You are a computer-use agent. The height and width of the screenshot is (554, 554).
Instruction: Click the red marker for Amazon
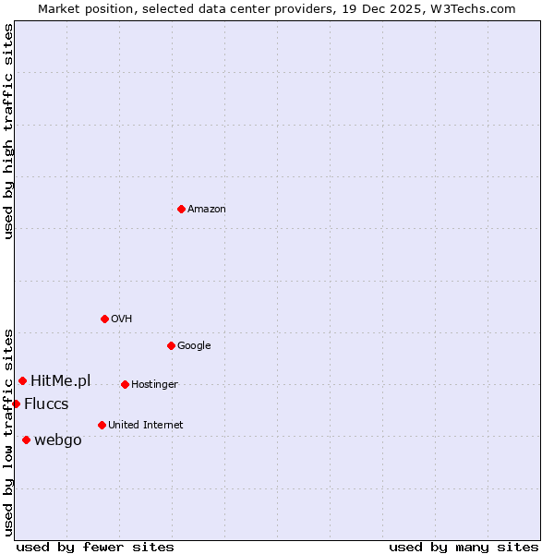181,209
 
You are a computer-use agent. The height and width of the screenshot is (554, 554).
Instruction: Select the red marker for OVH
104,319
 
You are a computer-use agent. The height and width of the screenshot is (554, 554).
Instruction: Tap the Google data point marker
171,345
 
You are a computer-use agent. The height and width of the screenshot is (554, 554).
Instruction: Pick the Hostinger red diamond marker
125,384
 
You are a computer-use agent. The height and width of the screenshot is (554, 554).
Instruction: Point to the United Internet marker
102,425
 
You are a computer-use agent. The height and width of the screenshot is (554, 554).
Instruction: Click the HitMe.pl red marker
22,380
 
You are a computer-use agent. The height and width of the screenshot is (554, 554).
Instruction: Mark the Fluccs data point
16,403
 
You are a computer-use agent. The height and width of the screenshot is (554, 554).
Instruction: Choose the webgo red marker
26,440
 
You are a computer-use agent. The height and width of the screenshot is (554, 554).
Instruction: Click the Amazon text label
207,210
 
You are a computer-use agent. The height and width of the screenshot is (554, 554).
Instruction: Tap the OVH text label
121,319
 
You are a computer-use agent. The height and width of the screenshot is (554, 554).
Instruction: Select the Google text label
194,346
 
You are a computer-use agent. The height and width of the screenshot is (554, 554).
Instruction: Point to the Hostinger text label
154,385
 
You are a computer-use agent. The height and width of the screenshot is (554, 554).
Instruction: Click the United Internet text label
145,426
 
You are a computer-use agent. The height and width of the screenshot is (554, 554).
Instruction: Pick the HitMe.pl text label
61,380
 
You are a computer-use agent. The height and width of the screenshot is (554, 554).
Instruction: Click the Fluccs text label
46,404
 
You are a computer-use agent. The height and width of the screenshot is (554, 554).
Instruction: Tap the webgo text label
58,440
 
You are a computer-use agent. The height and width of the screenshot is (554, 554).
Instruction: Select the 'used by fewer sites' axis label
95,547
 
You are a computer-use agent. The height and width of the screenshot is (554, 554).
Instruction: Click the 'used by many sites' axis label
464,547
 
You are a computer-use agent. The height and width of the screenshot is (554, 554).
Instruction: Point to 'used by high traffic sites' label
8,131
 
